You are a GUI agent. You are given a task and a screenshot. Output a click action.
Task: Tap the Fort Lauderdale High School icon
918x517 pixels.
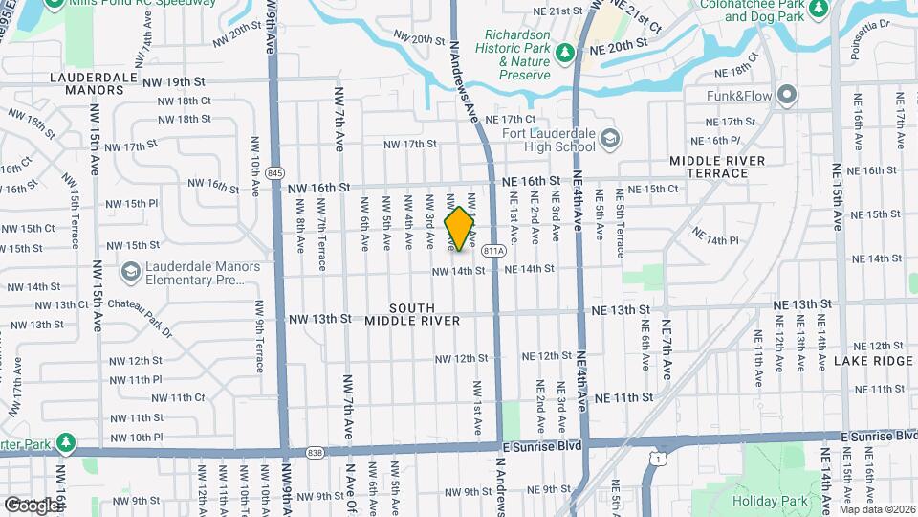tap(609, 143)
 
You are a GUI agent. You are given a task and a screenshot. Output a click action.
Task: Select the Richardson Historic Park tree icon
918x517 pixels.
tap(566, 53)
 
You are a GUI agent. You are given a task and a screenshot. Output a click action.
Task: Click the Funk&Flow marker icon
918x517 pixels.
tap(787, 95)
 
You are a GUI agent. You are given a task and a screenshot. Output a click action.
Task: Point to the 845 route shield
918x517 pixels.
tap(276, 172)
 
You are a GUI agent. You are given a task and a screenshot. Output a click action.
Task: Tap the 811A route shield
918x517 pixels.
tap(493, 251)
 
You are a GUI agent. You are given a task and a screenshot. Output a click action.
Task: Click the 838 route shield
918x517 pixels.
tap(315, 452)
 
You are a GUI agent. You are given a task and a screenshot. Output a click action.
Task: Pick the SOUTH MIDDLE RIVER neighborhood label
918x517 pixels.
tap(426, 314)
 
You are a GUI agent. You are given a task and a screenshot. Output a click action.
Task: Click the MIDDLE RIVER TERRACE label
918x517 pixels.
tap(722, 167)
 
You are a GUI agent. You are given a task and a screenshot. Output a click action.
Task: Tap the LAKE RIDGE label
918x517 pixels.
tap(873, 361)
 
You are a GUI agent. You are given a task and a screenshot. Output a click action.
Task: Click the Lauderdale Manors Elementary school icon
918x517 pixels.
tap(129, 273)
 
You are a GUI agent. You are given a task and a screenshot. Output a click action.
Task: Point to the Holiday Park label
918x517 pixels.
tap(770, 501)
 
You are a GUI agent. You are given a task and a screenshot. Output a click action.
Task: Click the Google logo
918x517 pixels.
tap(31, 505)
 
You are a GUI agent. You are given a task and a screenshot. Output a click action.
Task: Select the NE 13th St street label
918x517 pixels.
tap(620, 310)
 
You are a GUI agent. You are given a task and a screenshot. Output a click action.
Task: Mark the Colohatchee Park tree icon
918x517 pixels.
tap(819, 9)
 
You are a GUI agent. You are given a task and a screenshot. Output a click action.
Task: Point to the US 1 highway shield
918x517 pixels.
tap(654, 461)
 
